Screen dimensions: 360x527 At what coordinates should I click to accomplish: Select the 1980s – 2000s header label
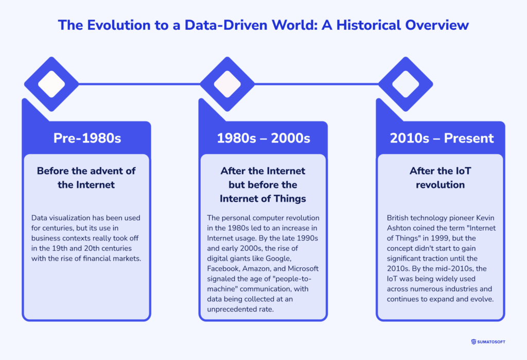tap(263, 138)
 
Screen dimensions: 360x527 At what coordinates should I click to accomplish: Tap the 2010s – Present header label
tap(442, 138)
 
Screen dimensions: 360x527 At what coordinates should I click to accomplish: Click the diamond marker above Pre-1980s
tap(51, 84)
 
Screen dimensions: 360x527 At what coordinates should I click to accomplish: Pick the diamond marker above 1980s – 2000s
tap(227, 84)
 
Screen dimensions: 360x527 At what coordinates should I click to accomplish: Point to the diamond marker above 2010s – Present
tap(406, 84)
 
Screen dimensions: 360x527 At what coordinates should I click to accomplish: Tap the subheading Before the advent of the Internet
tap(86, 178)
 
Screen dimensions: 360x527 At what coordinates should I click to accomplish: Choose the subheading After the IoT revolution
tap(440, 178)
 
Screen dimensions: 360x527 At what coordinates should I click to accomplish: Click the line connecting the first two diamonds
tap(139, 84)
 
